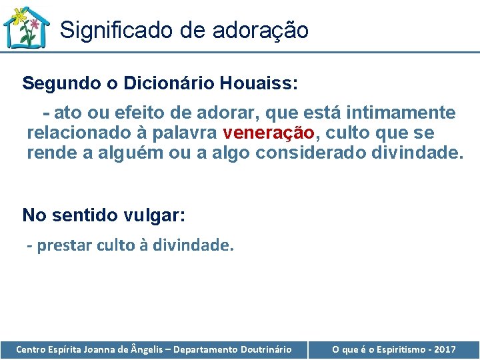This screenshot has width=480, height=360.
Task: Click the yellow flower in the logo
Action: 19,15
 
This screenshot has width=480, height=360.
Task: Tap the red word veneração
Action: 269,133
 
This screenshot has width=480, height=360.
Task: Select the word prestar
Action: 63,245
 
